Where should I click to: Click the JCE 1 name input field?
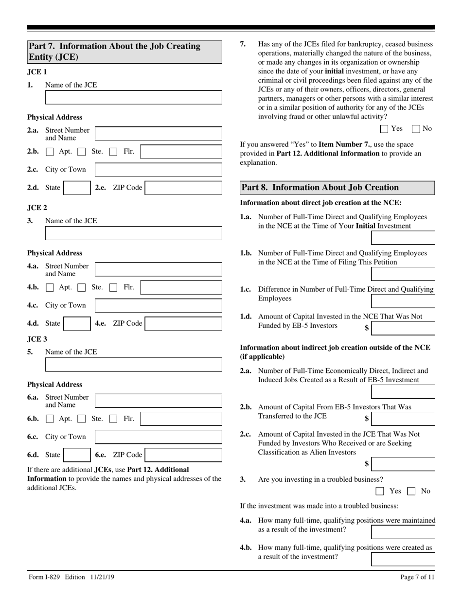point(133,97)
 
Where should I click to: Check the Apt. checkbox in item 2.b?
point(50,152)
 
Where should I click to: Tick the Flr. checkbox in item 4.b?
point(113,287)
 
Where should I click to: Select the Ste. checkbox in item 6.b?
point(82,419)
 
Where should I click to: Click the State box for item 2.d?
point(76,188)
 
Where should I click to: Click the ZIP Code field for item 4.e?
point(183,323)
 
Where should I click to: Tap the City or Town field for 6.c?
point(158,437)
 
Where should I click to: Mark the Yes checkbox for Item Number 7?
point(384,129)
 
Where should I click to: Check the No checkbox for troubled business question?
point(411,491)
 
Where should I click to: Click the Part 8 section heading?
point(338,188)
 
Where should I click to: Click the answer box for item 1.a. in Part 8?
point(403,238)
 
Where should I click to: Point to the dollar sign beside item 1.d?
point(367,328)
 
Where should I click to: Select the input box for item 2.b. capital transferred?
point(403,419)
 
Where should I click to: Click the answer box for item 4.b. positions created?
point(403,559)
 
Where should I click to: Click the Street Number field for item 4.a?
point(158,269)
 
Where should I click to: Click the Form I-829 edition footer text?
point(71,577)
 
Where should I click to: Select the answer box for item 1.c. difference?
point(403,301)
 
